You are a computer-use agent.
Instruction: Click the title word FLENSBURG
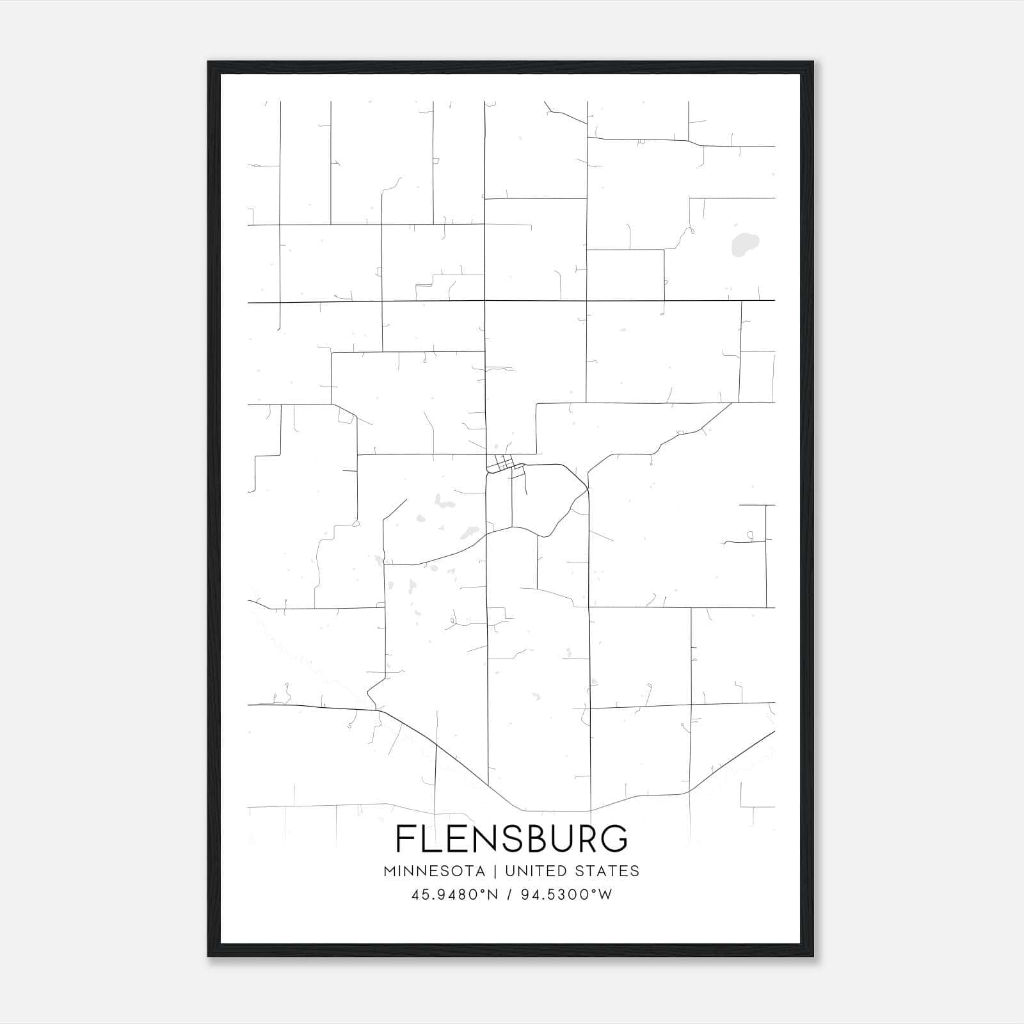coord(511,838)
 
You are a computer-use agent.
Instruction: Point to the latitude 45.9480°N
coord(455,895)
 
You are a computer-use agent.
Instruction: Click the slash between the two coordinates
coord(509,895)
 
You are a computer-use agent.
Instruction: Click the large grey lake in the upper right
coord(744,243)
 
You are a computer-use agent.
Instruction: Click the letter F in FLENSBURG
coord(405,838)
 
